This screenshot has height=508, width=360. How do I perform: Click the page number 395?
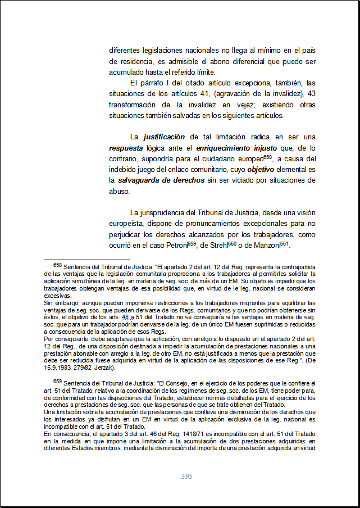[187, 477]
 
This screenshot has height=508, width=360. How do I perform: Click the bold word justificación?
[165, 137]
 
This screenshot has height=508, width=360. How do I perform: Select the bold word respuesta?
[127, 148]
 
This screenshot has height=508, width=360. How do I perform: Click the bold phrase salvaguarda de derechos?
[162, 180]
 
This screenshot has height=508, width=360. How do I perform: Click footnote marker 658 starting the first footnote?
[57, 264]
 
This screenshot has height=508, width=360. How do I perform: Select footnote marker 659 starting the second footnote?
[57, 382]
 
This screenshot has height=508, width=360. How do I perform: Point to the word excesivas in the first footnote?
[57, 296]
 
